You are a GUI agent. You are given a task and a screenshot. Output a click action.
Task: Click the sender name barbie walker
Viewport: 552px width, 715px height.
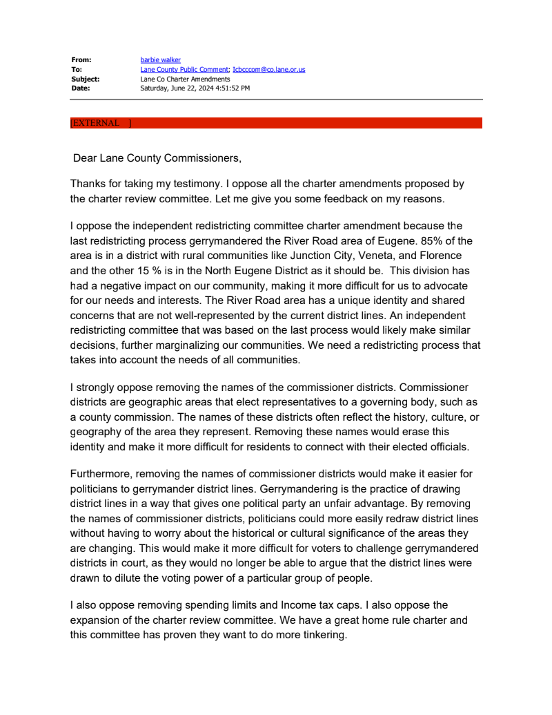pos(160,60)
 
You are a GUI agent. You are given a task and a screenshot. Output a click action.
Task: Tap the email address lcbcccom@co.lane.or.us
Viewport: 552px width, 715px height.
pos(268,70)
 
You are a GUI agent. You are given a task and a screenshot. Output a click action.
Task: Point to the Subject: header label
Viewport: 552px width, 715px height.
pos(86,79)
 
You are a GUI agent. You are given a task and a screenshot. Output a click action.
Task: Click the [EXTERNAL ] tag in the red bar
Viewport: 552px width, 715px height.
pos(100,123)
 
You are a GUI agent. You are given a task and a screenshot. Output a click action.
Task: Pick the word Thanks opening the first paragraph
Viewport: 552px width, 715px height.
pos(87,184)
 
